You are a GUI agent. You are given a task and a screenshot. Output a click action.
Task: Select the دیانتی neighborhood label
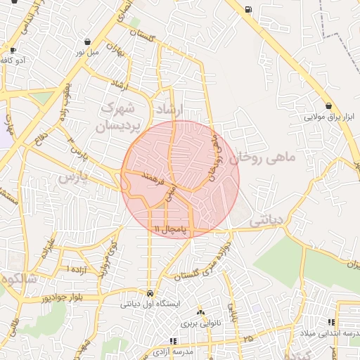[x=266, y=219]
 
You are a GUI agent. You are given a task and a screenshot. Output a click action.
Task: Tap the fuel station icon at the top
[x=248, y=9]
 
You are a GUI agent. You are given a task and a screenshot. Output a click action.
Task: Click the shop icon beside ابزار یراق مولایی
[x=329, y=105]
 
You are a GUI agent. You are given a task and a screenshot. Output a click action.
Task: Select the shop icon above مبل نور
[x=87, y=41]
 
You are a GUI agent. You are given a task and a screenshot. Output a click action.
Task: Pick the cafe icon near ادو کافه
[x=13, y=50]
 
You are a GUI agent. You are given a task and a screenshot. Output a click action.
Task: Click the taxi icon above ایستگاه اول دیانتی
[x=150, y=292]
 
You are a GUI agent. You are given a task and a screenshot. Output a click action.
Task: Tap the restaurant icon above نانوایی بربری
[x=200, y=312]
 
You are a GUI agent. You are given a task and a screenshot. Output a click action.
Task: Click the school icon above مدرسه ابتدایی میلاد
[x=331, y=322]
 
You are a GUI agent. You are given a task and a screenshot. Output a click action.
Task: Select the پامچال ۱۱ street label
[x=171, y=229]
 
